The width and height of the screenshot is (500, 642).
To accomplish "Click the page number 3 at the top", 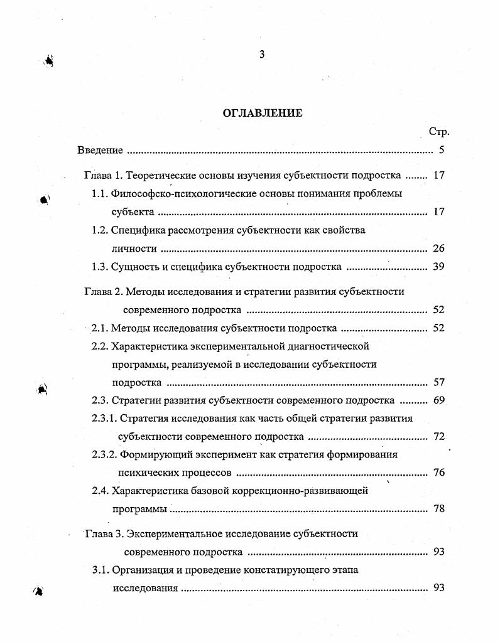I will pyautogui.click(x=262, y=55).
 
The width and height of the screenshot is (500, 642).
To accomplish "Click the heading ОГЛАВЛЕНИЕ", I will pyautogui.click(x=263, y=113).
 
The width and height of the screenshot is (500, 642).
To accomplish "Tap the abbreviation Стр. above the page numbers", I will pyautogui.click(x=438, y=132).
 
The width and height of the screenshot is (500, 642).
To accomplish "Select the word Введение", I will pyautogui.click(x=100, y=150).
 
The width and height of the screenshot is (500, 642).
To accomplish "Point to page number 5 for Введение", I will pyautogui.click(x=442, y=150).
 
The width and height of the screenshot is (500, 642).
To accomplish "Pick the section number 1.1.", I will pyautogui.click(x=101, y=193).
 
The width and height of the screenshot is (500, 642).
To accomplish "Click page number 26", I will pyautogui.click(x=438, y=249).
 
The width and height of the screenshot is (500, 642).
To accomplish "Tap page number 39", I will pyautogui.click(x=438, y=267).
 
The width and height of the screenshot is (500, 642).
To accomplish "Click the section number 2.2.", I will pyautogui.click(x=101, y=346).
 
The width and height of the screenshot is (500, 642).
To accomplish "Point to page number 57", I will pyautogui.click(x=438, y=382).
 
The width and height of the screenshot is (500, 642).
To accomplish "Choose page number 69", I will pyautogui.click(x=438, y=400).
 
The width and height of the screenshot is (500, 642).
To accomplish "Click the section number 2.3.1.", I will pyautogui.click(x=104, y=418).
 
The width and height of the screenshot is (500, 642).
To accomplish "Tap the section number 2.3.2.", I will pyautogui.click(x=104, y=454).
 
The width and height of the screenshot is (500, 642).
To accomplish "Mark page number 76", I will pyautogui.click(x=438, y=473).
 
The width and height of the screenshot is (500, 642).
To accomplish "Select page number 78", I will pyautogui.click(x=438, y=509).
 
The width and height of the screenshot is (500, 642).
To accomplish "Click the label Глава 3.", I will pyautogui.click(x=102, y=534).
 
